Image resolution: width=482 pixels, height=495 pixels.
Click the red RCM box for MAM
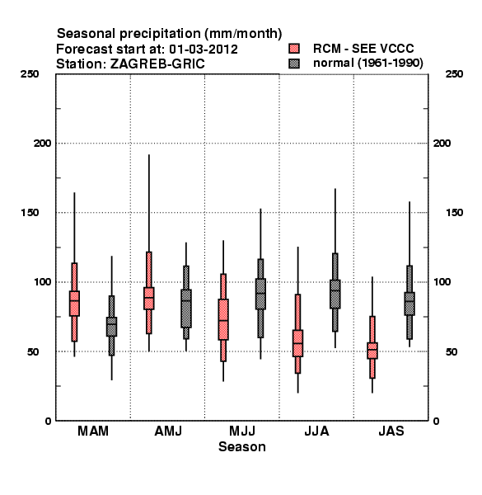click(74, 303)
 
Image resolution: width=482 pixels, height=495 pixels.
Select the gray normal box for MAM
click(111, 327)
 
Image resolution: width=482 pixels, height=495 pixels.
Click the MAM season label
click(93, 431)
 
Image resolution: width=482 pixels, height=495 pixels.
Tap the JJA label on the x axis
click(316, 431)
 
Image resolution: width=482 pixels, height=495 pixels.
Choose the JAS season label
click(391, 431)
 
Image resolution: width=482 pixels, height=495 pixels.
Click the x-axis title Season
click(242, 446)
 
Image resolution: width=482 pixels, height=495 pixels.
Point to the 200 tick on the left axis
click(42, 144)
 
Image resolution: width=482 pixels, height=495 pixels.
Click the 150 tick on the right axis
click(454, 213)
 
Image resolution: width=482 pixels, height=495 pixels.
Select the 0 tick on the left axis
click(48, 421)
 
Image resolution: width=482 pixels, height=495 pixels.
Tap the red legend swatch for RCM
click(294, 49)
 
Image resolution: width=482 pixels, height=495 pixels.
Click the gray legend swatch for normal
click(294, 64)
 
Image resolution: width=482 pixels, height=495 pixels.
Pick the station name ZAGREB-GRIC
click(157, 64)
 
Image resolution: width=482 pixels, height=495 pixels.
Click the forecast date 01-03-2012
click(204, 49)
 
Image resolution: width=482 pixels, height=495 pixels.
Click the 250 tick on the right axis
click(454, 74)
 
